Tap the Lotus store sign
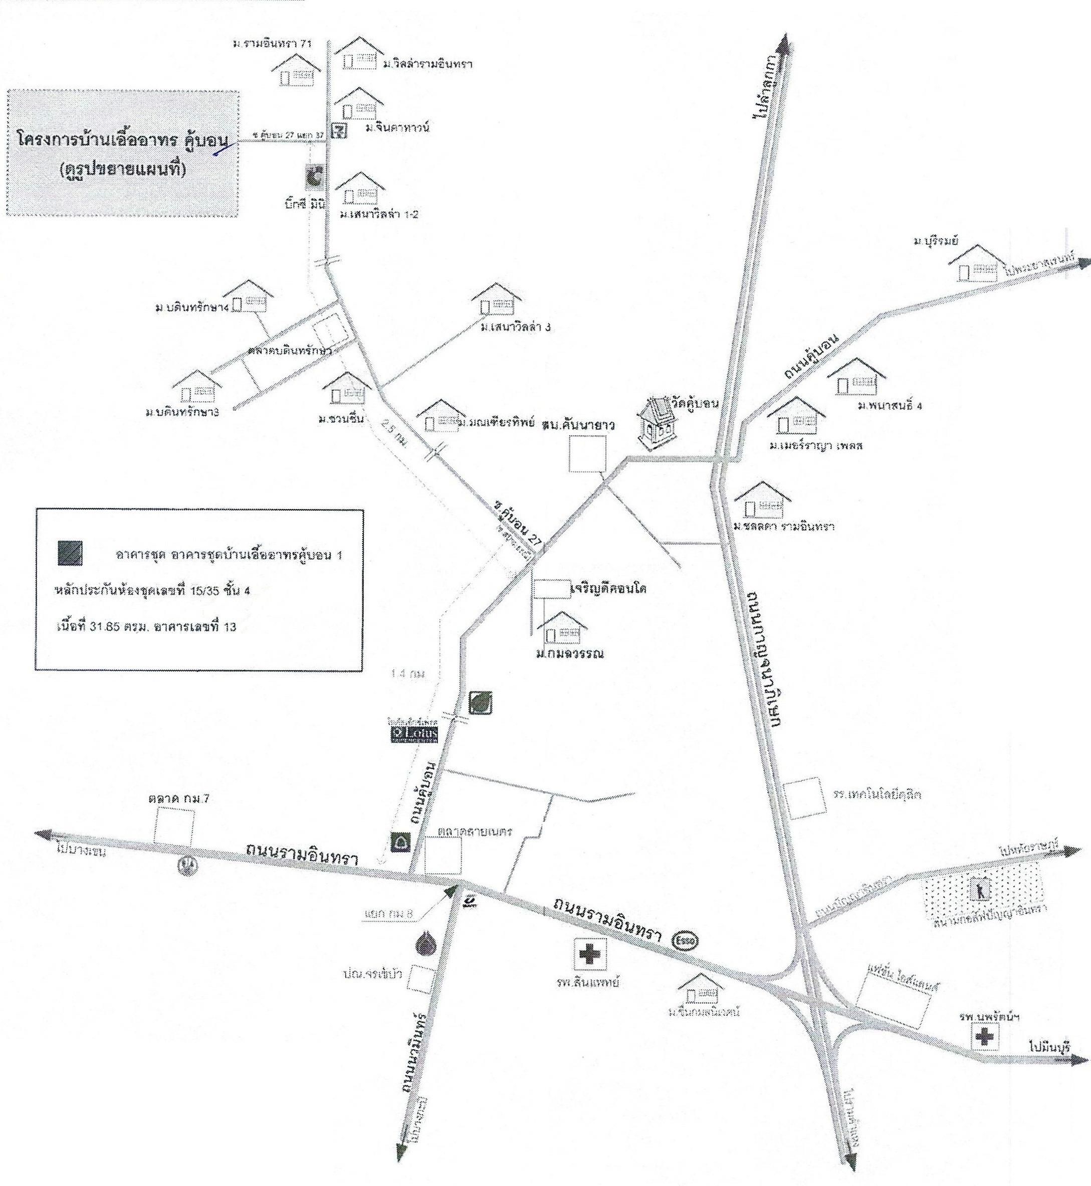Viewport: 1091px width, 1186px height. pos(417,734)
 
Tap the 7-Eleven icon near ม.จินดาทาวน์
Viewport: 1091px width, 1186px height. pos(339,131)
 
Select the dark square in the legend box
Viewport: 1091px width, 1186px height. pos(70,553)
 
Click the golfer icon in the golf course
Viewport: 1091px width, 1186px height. pos(980,889)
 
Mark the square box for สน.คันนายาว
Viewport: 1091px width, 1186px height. pos(587,453)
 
